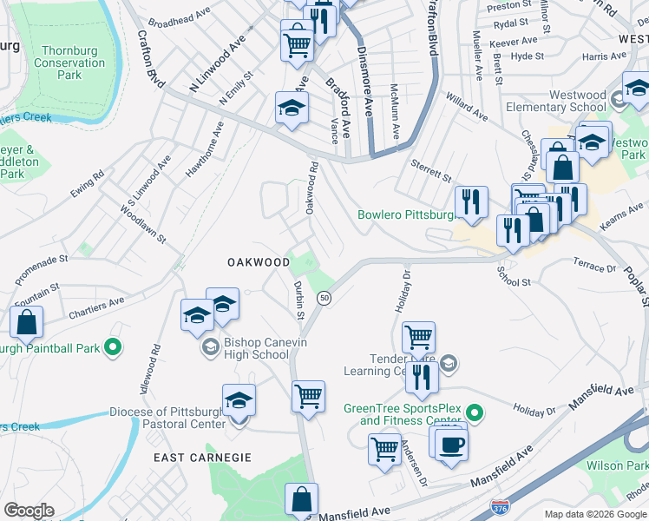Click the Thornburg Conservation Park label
(69, 63)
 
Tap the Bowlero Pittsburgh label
(405, 214)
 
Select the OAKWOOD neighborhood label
(259, 261)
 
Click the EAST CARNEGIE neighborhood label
(202, 457)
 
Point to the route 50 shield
(324, 298)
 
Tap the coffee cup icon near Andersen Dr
(450, 445)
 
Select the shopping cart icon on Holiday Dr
(418, 335)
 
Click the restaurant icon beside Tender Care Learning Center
(421, 375)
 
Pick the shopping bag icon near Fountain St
(27, 322)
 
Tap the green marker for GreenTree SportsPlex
(474, 411)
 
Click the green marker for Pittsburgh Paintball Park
(112, 349)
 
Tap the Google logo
(29, 511)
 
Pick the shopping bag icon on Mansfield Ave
(301, 499)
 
